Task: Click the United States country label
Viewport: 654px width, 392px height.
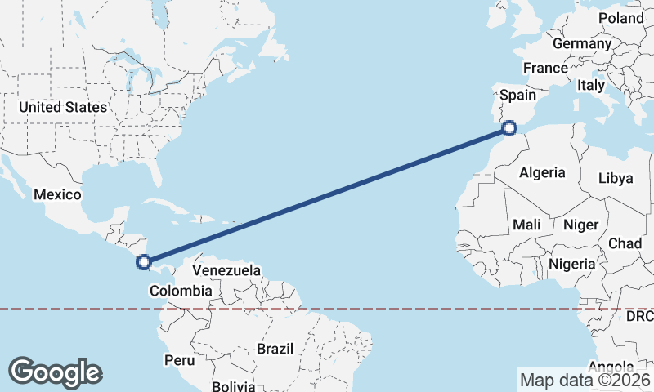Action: [63, 107]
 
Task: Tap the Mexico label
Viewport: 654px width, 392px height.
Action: [57, 194]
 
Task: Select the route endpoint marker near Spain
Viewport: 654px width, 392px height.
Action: [509, 127]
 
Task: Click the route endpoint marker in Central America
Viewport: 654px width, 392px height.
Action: [144, 262]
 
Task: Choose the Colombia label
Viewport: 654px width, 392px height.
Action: [181, 291]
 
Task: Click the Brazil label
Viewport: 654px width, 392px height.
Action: [275, 349]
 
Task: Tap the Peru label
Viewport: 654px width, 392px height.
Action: [179, 360]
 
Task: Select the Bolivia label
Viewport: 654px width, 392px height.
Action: [234, 385]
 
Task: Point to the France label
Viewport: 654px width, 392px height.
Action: [545, 68]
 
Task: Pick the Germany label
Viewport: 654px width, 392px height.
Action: [582, 43]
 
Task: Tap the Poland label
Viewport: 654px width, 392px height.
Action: [621, 17]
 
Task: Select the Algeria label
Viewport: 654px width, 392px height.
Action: [542, 172]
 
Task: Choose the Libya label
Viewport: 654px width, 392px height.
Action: [616, 178]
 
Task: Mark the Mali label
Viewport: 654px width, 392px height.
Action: [527, 225]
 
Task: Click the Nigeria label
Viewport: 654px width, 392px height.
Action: [572, 264]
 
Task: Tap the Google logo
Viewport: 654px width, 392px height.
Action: [55, 372]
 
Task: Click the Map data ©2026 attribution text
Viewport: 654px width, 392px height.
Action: [585, 380]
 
